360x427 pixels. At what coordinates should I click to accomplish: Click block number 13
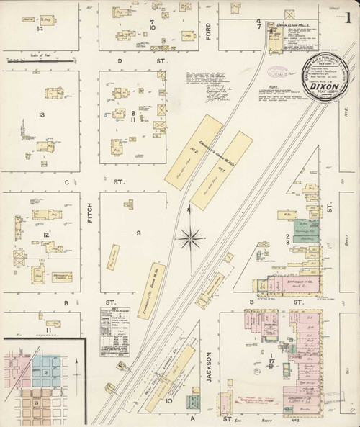pos(42,115)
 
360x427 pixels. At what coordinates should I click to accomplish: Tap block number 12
pos(45,235)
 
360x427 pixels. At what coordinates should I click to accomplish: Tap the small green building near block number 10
pos(192,400)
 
